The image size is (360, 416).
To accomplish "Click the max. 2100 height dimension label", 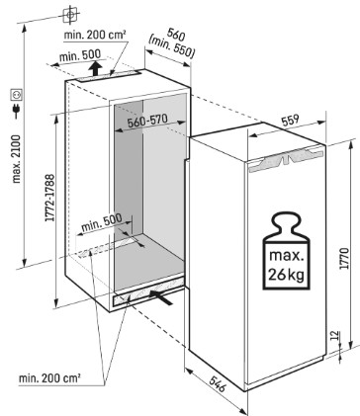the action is [17, 159].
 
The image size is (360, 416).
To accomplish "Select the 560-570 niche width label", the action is [147, 122].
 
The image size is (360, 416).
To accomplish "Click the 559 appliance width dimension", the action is [290, 120].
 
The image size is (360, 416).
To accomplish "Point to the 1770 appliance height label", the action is [345, 258].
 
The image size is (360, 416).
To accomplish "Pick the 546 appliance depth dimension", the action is [218, 383].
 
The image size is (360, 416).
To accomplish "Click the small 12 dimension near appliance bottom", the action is [334, 336].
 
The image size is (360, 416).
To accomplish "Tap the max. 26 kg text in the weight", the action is [286, 266].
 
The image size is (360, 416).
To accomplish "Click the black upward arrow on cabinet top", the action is [96, 68].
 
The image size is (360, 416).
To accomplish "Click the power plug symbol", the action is [16, 112].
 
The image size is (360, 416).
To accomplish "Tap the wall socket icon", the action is [17, 94].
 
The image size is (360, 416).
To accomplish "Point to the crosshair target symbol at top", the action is [70, 15].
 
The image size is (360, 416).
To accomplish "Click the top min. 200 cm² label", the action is [95, 35].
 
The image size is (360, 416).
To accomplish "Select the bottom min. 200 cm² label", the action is [49, 377].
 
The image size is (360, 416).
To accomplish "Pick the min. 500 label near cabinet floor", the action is [102, 222].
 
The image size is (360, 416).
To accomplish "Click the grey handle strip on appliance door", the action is [286, 160].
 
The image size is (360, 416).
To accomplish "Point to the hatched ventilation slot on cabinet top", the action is [108, 76].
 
